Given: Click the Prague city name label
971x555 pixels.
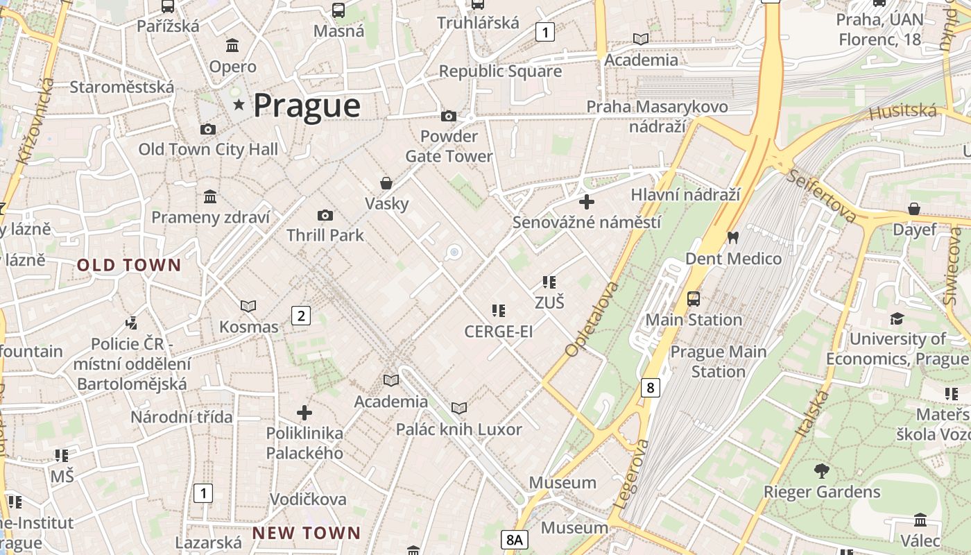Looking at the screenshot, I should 307,105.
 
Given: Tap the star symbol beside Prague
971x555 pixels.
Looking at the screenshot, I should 239,105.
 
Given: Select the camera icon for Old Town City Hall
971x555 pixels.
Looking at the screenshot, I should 207,129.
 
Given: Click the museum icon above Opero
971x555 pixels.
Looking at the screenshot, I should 232,46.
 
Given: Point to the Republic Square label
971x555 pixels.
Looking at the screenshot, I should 500,71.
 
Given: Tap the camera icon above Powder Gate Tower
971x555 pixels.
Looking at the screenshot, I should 449,116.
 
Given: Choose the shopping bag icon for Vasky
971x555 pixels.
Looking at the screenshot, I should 386,183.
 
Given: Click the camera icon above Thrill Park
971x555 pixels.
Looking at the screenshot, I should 325,216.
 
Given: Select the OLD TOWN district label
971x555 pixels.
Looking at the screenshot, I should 129,265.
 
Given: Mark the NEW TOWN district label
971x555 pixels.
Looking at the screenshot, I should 306,533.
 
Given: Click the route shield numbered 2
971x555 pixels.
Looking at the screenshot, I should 300,316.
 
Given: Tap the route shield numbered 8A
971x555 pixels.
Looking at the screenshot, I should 514,539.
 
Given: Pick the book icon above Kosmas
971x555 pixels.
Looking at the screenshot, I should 248,306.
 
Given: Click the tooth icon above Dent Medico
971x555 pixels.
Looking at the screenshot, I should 732,237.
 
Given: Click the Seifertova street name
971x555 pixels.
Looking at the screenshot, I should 821,195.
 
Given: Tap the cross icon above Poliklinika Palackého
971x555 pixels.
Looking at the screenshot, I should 304,413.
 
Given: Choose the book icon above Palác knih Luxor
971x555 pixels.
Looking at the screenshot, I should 458,408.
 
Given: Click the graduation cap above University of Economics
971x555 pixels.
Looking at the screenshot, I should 897,318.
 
